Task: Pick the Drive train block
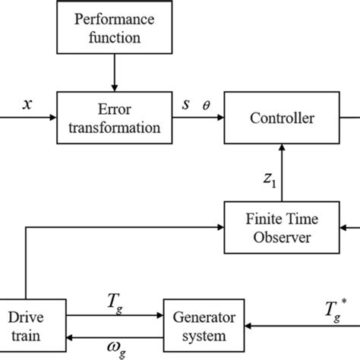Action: (27, 324)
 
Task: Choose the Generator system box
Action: (204, 324)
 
